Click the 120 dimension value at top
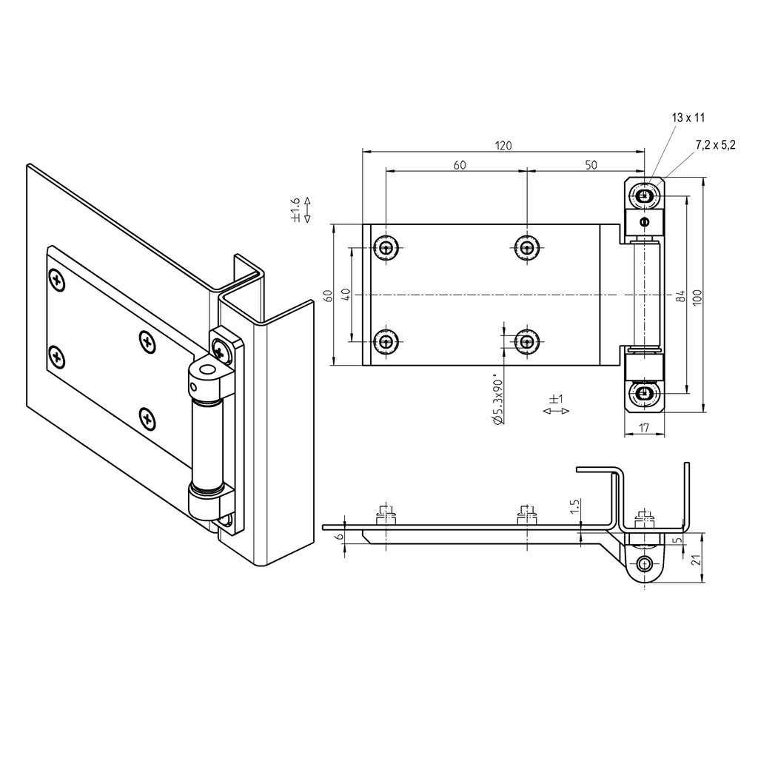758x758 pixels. pyautogui.click(x=503, y=145)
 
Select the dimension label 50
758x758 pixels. pyautogui.click(x=591, y=165)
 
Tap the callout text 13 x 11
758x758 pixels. pyautogui.click(x=688, y=118)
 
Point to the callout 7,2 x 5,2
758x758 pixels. pyautogui.click(x=715, y=145)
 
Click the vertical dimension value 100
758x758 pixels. pyautogui.click(x=697, y=295)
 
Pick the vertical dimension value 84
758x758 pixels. pyautogui.click(x=679, y=295)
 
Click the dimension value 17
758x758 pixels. pyautogui.click(x=643, y=427)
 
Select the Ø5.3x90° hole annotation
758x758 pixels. pyautogui.click(x=498, y=400)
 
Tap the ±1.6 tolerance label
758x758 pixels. pyautogui.click(x=295, y=209)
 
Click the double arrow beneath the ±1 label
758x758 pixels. pyautogui.click(x=556, y=411)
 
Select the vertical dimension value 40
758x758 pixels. pyautogui.click(x=345, y=295)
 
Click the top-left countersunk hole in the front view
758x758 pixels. pyautogui.click(x=386, y=247)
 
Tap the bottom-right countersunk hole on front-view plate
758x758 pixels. pyautogui.click(x=526, y=341)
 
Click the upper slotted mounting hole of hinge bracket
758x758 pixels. pyautogui.click(x=644, y=197)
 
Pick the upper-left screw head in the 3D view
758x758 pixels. pyautogui.click(x=57, y=280)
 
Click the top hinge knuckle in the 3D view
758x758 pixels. pyautogui.click(x=210, y=378)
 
